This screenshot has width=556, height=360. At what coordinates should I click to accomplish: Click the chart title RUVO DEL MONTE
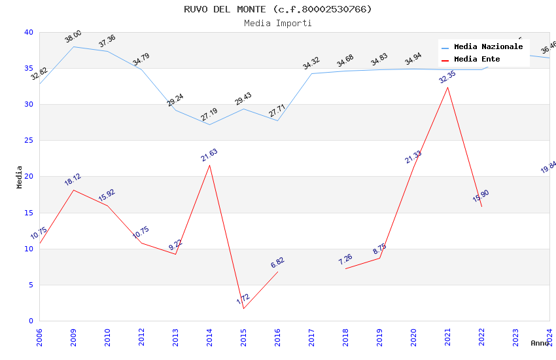(x=277, y=9)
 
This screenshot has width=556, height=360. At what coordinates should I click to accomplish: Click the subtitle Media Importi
(x=277, y=23)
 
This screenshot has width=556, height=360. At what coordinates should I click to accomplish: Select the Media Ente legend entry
(x=477, y=60)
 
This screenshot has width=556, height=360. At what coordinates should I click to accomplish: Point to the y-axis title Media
(x=20, y=177)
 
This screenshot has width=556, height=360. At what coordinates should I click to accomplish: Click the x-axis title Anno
(x=540, y=343)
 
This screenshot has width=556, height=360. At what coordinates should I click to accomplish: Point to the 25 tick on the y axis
(x=28, y=141)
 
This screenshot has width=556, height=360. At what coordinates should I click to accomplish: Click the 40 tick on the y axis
(x=28, y=33)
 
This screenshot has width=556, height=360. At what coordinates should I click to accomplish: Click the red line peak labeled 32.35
(x=448, y=87)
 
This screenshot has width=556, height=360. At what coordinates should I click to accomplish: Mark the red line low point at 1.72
(x=244, y=308)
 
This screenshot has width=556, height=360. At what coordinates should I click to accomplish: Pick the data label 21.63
(x=209, y=155)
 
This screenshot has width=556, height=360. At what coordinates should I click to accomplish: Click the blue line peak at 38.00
(x=73, y=46)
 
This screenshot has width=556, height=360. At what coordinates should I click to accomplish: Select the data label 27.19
(x=209, y=115)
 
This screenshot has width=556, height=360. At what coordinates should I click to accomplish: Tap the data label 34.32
(x=311, y=63)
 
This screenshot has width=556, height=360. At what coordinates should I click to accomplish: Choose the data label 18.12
(x=73, y=180)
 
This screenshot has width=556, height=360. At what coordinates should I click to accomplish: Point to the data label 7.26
(x=345, y=259)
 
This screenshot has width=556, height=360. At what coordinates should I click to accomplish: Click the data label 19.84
(x=548, y=167)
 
